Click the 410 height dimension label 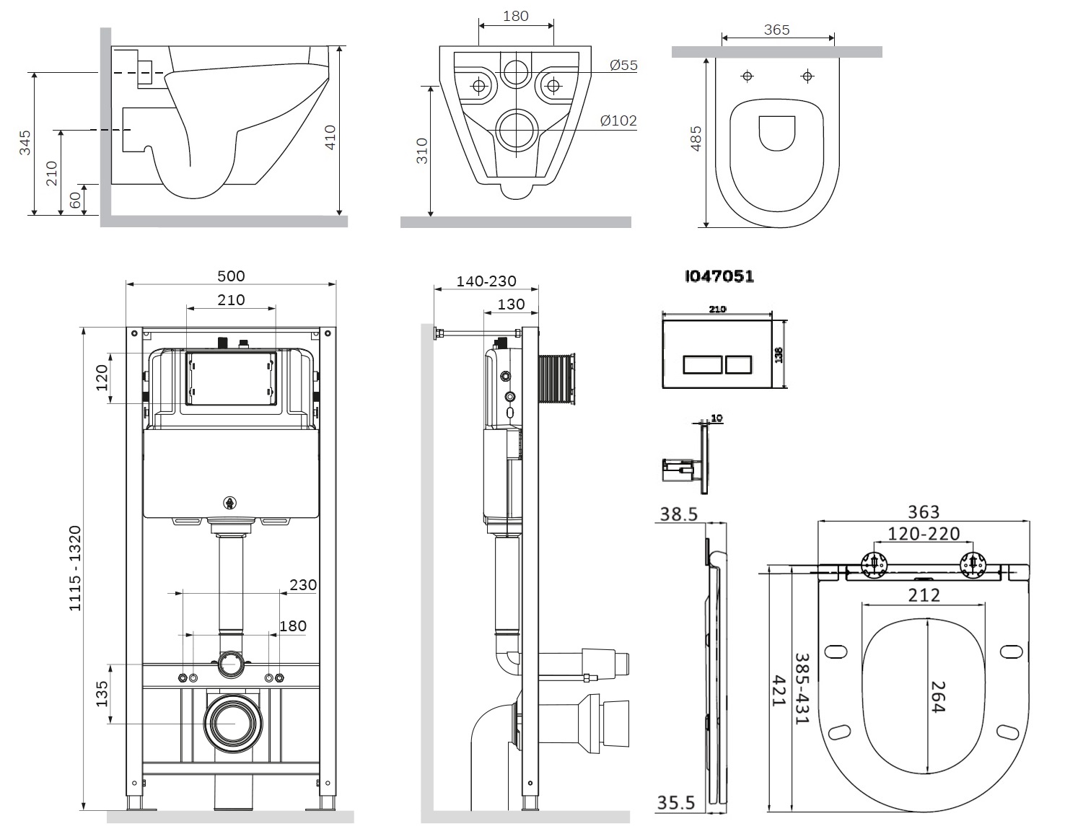pyautogui.click(x=330, y=138)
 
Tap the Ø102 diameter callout pyautogui.click(x=619, y=120)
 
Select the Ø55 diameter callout pyautogui.click(x=623, y=65)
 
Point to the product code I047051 pyautogui.click(x=719, y=276)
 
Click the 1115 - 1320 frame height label pyautogui.click(x=75, y=569)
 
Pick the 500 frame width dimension pyautogui.click(x=231, y=276)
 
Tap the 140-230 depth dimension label pyautogui.click(x=486, y=281)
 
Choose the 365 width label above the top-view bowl pyautogui.click(x=776, y=30)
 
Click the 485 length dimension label pyautogui.click(x=696, y=139)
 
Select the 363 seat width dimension pyautogui.click(x=924, y=512)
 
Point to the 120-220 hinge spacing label pyautogui.click(x=924, y=534)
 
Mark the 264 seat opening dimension pyautogui.click(x=937, y=697)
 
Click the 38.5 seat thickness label pyautogui.click(x=679, y=514)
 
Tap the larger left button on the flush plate pyautogui.click(x=703, y=364)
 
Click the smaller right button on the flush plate pyautogui.click(x=739, y=364)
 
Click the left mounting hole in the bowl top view pyautogui.click(x=748, y=76)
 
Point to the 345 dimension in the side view pyautogui.click(x=25, y=142)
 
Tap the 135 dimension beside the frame pyautogui.click(x=102, y=693)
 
